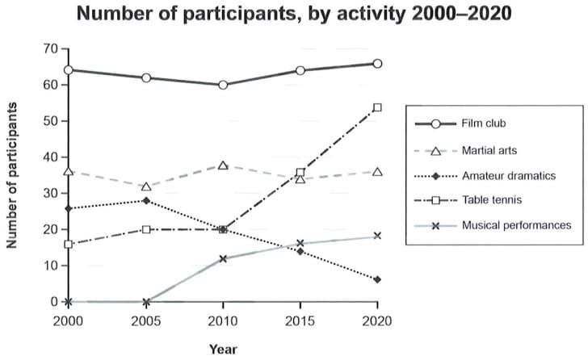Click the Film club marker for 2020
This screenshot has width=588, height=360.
coord(377,63)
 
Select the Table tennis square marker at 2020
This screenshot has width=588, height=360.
coord(377,107)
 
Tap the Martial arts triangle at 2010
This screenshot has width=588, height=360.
coord(223,165)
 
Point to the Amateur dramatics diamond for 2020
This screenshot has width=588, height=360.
coord(377,279)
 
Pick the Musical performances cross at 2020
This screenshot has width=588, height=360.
coord(377,236)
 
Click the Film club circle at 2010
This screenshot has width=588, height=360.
coord(223,85)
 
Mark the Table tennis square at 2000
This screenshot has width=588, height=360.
coord(69,244)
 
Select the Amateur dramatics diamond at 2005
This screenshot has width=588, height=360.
coord(146,200)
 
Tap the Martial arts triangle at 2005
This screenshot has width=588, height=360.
coord(146,186)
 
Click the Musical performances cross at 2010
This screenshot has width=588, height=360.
coord(223,258)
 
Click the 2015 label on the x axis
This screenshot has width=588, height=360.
coord(300,320)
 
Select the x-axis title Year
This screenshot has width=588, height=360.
coord(223,350)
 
